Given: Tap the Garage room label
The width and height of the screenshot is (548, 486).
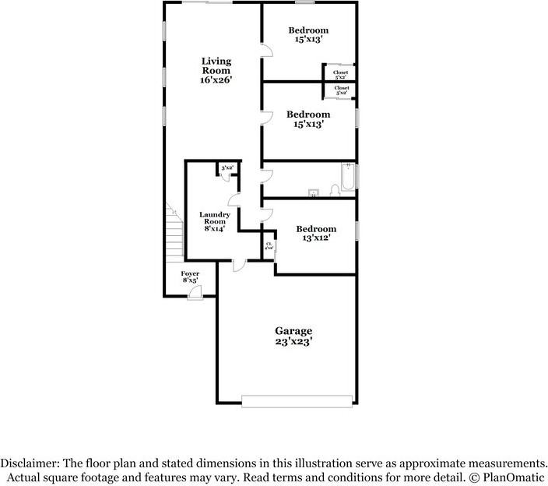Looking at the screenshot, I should pos(293,335).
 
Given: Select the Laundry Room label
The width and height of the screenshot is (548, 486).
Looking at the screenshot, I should pos(214,221).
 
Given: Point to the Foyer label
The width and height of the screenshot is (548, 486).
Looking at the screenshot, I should pos(190,276).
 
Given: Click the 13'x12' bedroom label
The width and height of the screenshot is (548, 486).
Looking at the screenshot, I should pos(316,233).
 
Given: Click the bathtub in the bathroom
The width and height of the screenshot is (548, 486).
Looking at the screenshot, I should pos(347,178).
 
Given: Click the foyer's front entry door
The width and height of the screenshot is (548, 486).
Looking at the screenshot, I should pos(195,292).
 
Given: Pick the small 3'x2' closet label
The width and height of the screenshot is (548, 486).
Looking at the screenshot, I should pos(227,168).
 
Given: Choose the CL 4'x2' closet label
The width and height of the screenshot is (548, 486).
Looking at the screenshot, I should pos(269,245).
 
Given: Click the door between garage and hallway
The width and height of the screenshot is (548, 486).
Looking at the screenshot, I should pos(240,265).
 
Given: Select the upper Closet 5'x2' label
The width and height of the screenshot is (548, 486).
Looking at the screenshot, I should pos(341,75).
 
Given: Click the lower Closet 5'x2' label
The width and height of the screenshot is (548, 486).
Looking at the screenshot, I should pos(342,90).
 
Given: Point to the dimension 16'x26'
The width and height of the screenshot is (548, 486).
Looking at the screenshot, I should pos(216,80).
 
